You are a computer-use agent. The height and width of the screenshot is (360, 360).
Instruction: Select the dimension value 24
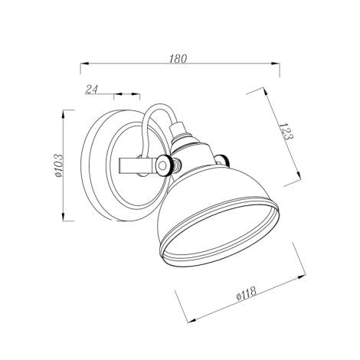92,90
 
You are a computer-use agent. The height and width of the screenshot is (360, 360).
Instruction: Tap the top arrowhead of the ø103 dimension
67,114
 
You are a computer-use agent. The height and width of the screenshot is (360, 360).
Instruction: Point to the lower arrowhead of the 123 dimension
296,184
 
